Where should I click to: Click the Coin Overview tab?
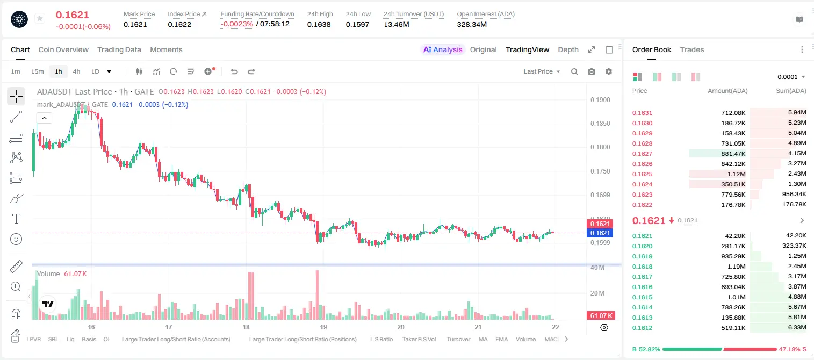[x=63, y=49]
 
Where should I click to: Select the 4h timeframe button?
[x=76, y=71]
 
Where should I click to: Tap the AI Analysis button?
[x=443, y=49]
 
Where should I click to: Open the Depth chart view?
[x=568, y=49]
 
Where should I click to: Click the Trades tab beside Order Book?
[x=692, y=49]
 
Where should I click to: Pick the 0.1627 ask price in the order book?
[x=642, y=154]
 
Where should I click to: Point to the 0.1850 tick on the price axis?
[x=600, y=124]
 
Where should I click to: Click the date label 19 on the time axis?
[x=323, y=327]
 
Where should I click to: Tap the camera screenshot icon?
[x=592, y=71]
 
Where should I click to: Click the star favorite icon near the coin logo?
[x=40, y=18]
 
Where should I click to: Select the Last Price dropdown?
[x=542, y=71]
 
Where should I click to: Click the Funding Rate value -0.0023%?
[x=236, y=24]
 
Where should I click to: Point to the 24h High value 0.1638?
[x=319, y=24]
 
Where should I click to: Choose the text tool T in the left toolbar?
[x=16, y=219]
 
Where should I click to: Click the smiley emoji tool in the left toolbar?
[x=16, y=239]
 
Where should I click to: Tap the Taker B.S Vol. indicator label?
[x=419, y=339]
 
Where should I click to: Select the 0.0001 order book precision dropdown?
[x=791, y=77]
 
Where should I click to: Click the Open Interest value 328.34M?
[x=472, y=24]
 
